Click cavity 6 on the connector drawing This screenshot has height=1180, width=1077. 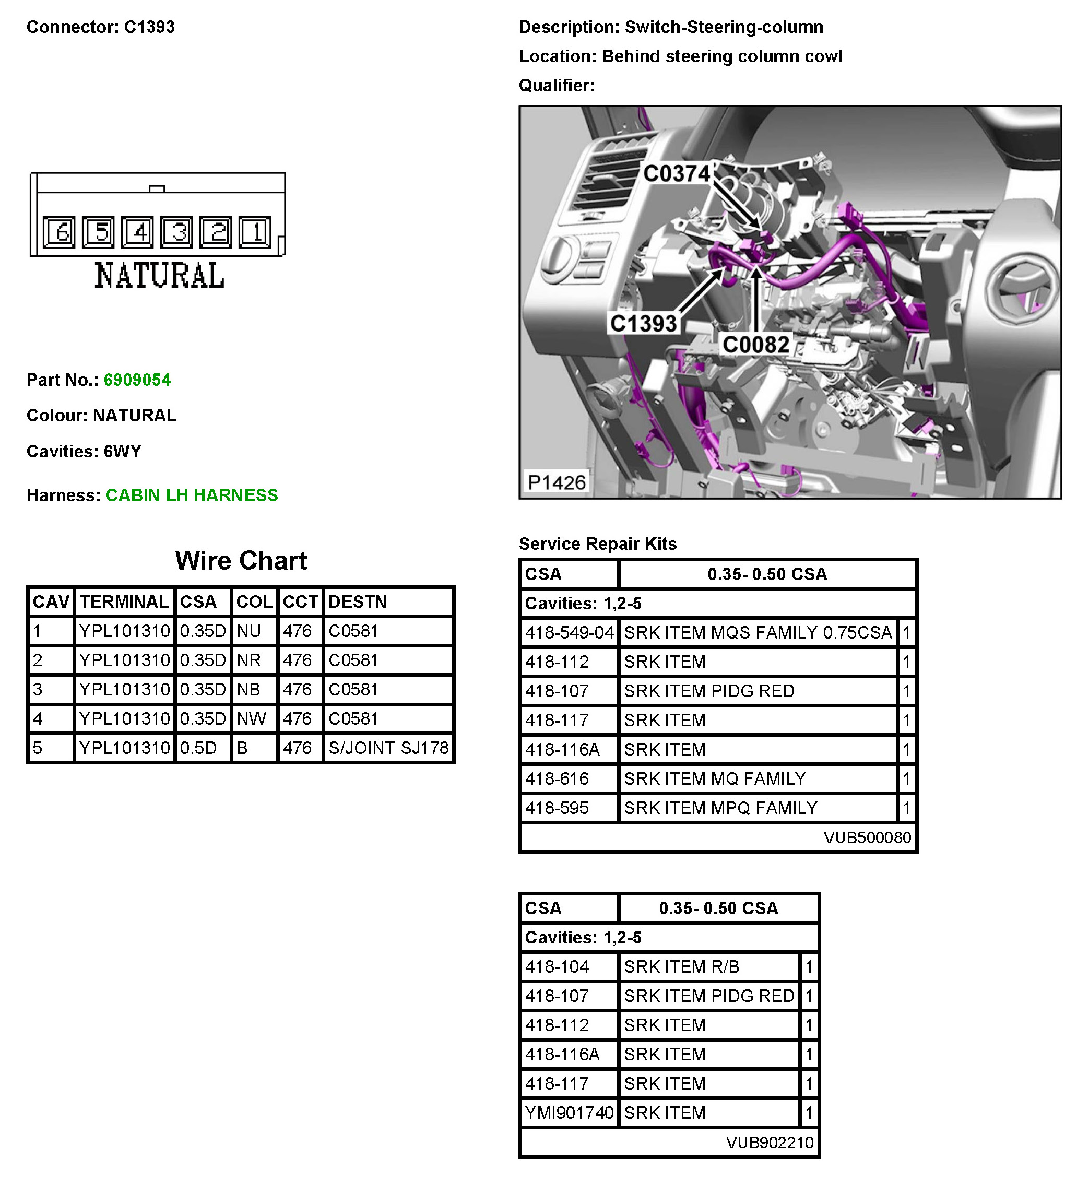coord(59,232)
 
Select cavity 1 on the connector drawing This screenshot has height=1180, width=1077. coord(255,232)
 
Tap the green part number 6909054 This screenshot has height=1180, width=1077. coord(137,380)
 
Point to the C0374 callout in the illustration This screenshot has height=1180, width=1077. coord(676,173)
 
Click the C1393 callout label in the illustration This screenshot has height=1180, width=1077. coord(643,323)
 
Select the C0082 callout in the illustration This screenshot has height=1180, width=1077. coord(755,344)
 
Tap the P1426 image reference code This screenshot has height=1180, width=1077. coord(556,482)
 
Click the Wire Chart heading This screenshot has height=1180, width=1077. coord(241,561)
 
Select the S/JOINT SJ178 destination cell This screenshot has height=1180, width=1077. coord(388,748)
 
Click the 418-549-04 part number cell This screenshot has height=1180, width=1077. coord(569,633)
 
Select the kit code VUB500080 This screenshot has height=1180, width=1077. coord(867,837)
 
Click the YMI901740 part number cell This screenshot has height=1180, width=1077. coord(569,1113)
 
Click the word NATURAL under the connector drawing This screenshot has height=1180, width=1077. coord(159,276)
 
